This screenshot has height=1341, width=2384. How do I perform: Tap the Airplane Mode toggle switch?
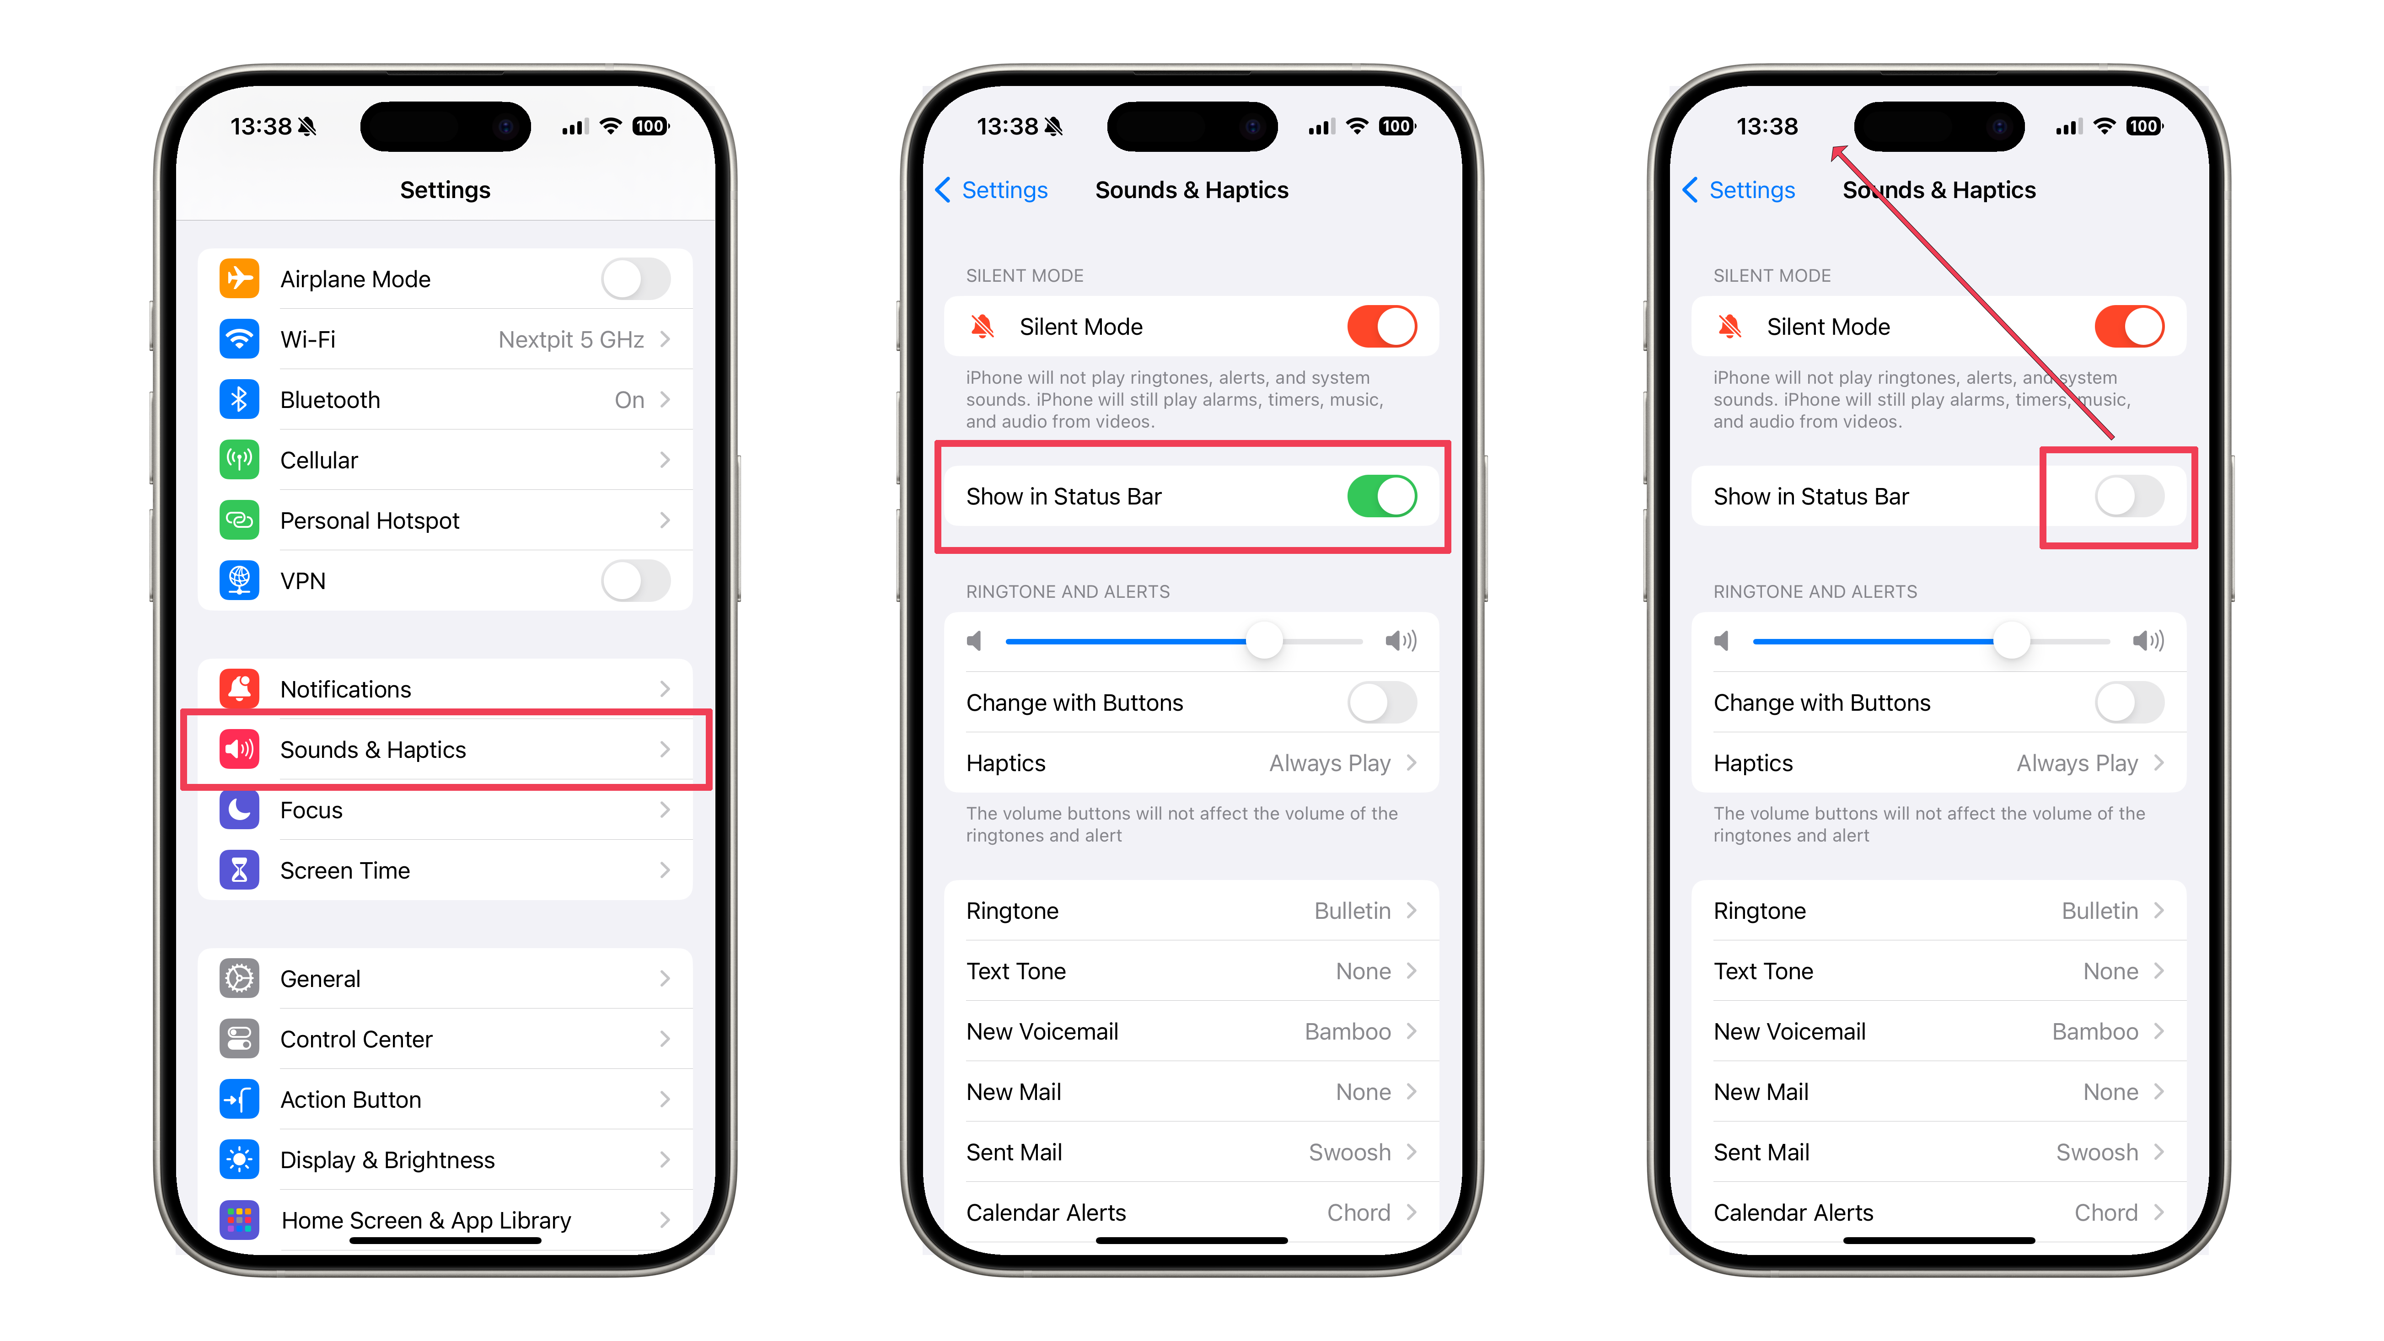[x=636, y=279]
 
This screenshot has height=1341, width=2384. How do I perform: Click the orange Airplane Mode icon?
[x=239, y=279]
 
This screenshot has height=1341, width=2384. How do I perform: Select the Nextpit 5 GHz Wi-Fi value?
[x=571, y=340]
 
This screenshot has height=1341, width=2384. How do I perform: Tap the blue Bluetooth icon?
[x=239, y=400]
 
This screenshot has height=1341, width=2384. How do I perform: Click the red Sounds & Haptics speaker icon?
[x=239, y=750]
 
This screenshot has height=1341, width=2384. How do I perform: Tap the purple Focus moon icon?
[x=239, y=810]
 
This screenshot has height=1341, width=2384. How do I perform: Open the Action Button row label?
[x=351, y=1100]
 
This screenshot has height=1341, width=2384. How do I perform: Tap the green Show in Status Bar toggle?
[x=1382, y=496]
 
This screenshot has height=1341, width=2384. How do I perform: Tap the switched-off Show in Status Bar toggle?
[x=2130, y=496]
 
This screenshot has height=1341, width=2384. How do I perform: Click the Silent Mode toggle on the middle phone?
[x=1382, y=327]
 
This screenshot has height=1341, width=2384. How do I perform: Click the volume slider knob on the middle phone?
[x=1264, y=640]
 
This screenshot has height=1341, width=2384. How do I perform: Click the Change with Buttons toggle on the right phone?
[x=2130, y=703]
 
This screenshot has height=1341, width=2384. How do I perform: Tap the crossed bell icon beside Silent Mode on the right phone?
[x=1729, y=327]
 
